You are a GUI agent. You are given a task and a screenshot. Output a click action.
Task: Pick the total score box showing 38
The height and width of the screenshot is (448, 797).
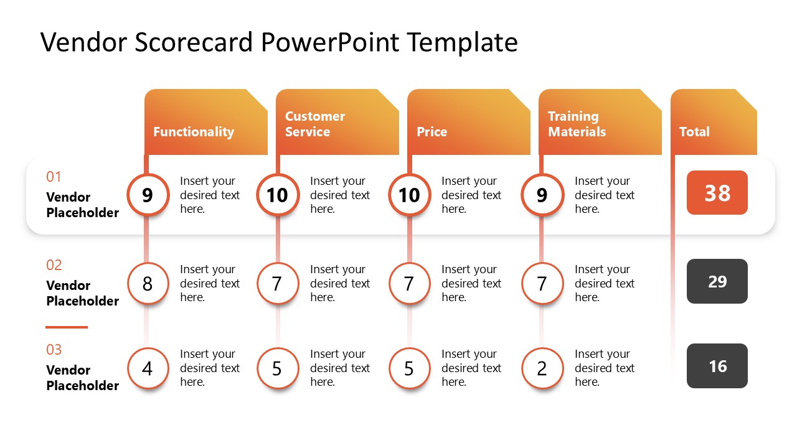717,193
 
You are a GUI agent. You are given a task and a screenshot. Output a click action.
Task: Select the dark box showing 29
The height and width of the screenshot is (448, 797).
717,281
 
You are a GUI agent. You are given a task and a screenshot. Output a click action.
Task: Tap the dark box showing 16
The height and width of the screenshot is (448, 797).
717,366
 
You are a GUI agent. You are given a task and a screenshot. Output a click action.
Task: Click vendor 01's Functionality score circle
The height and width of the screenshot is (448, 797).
148,195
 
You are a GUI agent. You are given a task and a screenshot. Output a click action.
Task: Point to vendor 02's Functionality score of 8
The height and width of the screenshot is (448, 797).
148,284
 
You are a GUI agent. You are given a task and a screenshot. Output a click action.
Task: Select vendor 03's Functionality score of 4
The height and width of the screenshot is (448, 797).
148,368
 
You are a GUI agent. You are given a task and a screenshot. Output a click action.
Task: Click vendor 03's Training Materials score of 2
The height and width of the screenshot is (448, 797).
542,368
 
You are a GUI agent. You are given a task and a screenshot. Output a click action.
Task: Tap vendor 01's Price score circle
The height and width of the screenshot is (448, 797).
409,195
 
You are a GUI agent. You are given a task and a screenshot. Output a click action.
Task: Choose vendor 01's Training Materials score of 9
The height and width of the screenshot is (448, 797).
542,195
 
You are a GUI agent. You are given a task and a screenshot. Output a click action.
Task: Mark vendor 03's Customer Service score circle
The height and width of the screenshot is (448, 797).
277,368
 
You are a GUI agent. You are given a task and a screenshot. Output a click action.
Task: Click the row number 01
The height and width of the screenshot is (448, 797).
54,177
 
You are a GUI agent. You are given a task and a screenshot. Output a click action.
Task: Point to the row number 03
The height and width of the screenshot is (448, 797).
54,350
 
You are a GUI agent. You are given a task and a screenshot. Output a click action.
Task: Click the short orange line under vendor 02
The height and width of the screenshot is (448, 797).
67,327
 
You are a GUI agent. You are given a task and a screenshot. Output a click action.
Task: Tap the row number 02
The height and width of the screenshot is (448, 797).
54,265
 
